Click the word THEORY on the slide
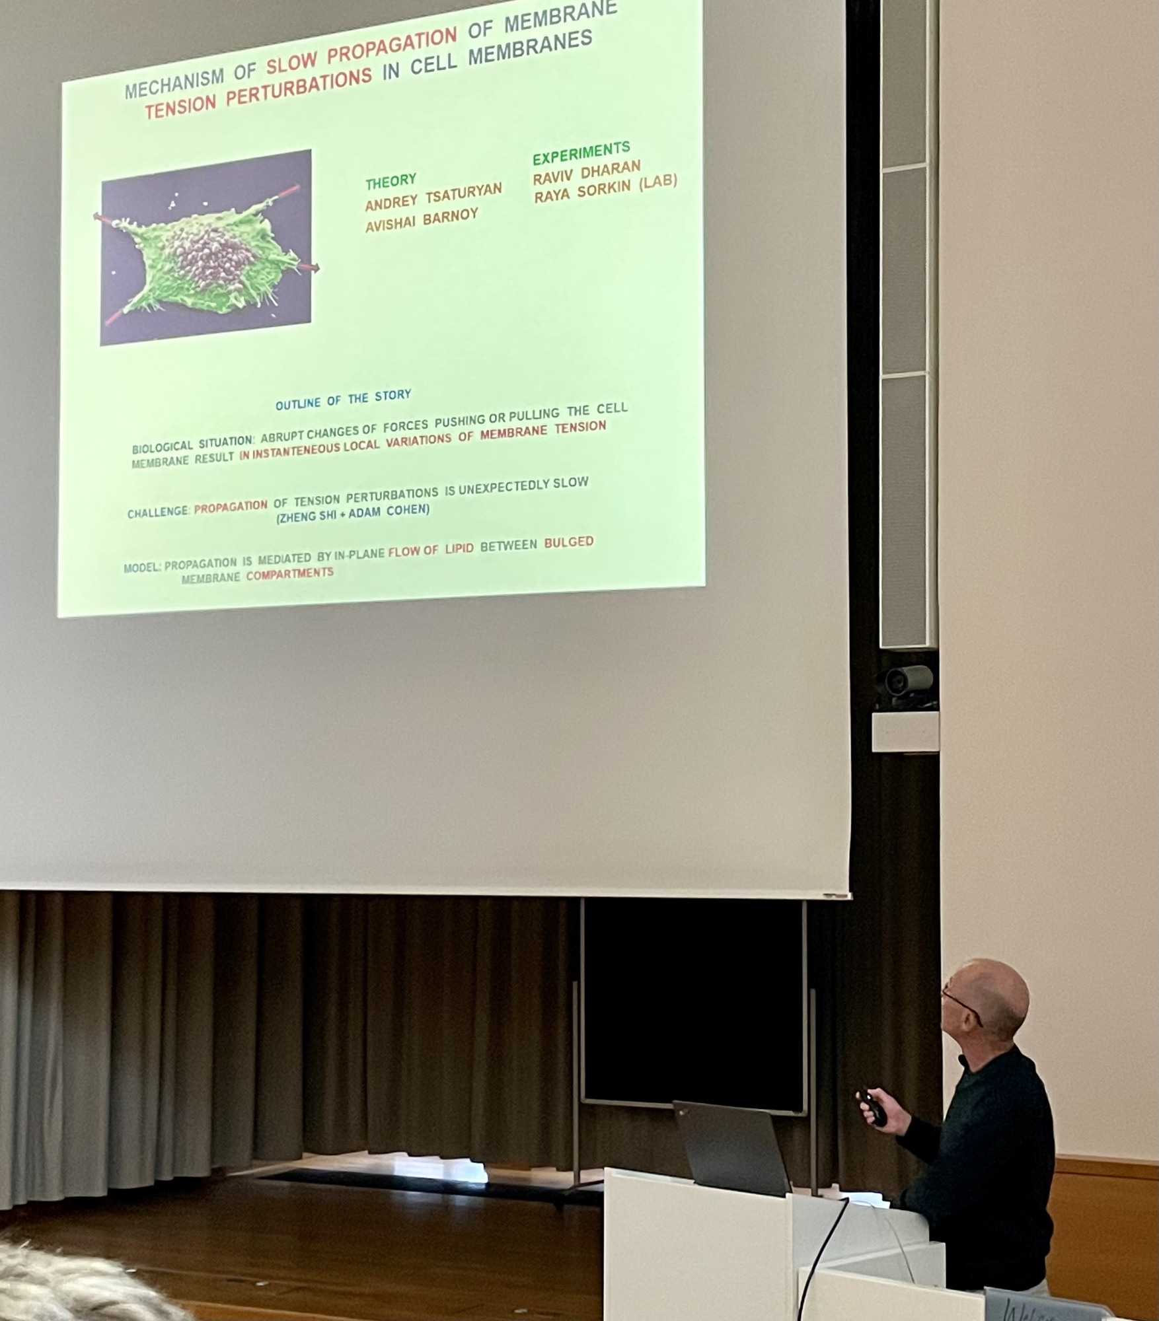[x=391, y=181]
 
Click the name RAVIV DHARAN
[x=587, y=174]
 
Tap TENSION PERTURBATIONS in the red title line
[x=258, y=94]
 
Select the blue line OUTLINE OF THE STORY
[x=343, y=400]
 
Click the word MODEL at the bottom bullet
[x=142, y=567]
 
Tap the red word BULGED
[x=569, y=543]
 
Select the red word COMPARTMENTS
[x=290, y=574]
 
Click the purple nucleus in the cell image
[x=209, y=254]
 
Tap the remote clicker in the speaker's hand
[x=874, y=1106]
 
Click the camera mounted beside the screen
[x=908, y=680]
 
